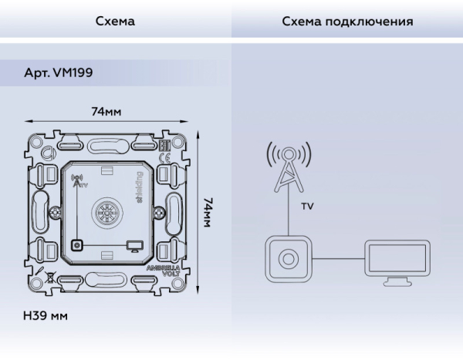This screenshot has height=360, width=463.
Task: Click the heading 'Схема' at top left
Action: (115, 22)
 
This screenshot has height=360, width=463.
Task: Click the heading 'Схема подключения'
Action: (347, 22)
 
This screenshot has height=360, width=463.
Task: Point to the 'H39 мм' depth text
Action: (46, 317)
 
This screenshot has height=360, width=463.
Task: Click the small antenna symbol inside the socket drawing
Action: (75, 183)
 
